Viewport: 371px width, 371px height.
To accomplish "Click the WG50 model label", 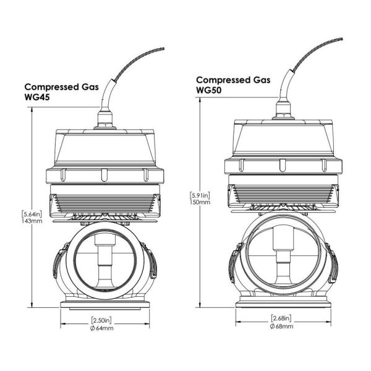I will [x=211, y=90].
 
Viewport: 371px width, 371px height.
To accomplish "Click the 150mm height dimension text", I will [x=202, y=202].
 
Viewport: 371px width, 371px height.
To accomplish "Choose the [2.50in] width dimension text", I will [x=101, y=321].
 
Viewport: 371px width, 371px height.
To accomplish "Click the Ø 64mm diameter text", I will [x=101, y=328].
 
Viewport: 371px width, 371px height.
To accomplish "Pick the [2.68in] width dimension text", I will [x=282, y=318].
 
